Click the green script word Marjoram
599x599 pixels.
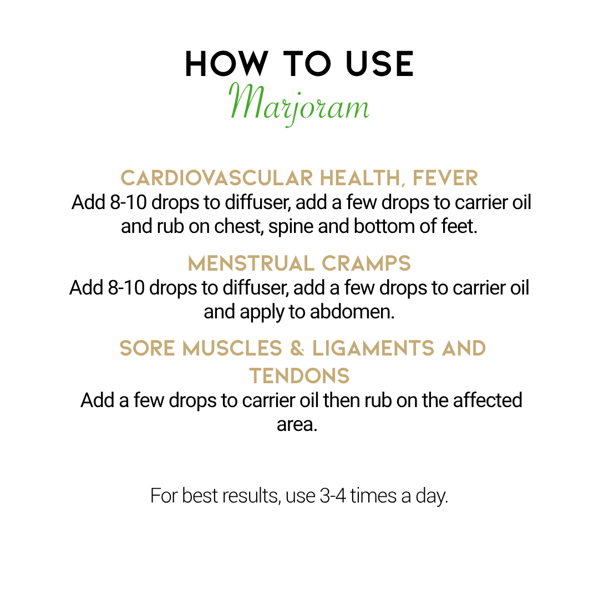pos(299,103)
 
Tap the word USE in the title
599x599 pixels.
pos(379,64)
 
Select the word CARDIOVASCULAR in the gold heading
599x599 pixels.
pos(217,178)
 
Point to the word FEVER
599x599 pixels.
pos(445,178)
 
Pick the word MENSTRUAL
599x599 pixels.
pos(251,263)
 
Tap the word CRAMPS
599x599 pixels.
pos(366,263)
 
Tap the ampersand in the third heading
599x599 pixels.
pos(297,348)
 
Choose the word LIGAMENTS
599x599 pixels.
pos(373,348)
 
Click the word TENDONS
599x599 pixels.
pos(299,376)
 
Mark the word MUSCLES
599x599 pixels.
pos(232,348)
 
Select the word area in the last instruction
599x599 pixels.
pos(297,425)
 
